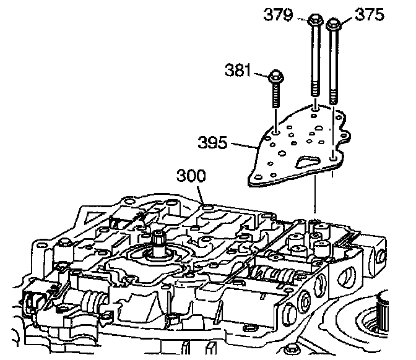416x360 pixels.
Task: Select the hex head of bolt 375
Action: (x=332, y=25)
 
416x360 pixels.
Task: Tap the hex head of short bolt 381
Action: (x=275, y=79)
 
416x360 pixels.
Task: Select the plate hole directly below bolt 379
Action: (x=316, y=114)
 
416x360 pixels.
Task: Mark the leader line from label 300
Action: (x=201, y=192)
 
